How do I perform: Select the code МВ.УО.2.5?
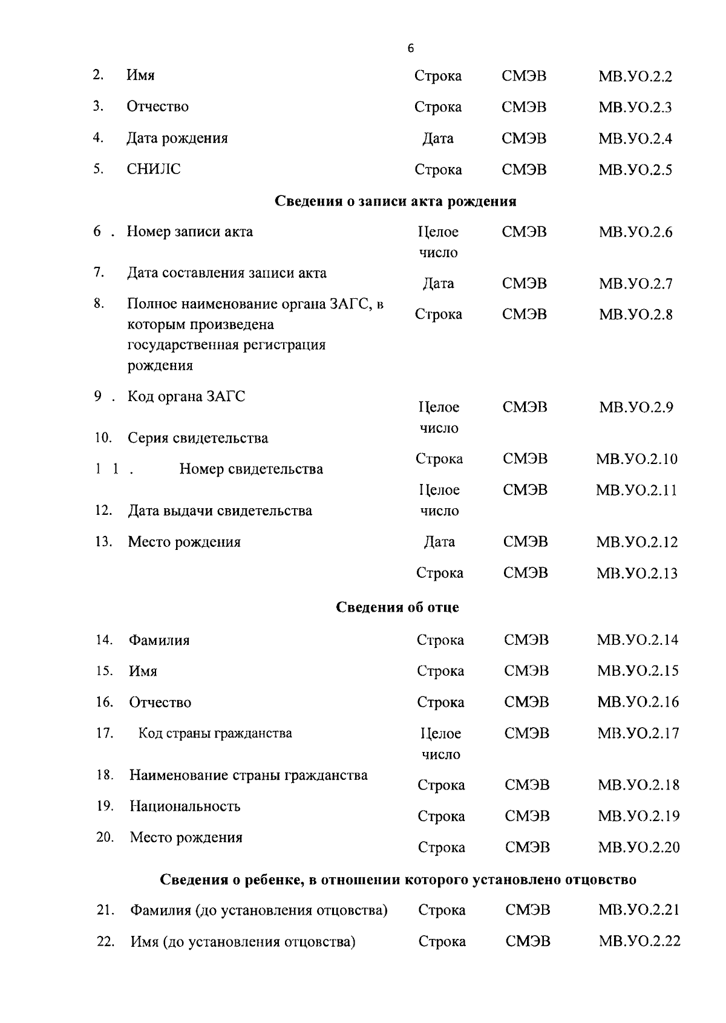tap(635, 170)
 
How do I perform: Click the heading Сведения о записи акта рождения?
tap(395, 201)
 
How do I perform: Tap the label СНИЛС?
tap(154, 169)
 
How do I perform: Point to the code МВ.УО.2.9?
tap(636, 407)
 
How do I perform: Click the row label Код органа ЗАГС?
tap(186, 397)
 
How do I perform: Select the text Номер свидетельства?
tap(251, 469)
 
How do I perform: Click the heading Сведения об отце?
tap(397, 607)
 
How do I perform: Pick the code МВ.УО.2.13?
tap(637, 573)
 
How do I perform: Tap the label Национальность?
tap(185, 806)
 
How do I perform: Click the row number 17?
tap(105, 733)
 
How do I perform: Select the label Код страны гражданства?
tap(215, 733)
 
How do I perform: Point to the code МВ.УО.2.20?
tap(639, 848)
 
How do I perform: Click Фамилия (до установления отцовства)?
tap(259, 910)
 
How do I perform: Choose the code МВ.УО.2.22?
tap(639, 942)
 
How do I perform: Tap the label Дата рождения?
tap(177, 138)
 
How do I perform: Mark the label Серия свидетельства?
tap(198, 438)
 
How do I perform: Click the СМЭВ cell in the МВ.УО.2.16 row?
tap(526, 702)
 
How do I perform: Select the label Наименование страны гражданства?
tap(249, 775)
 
